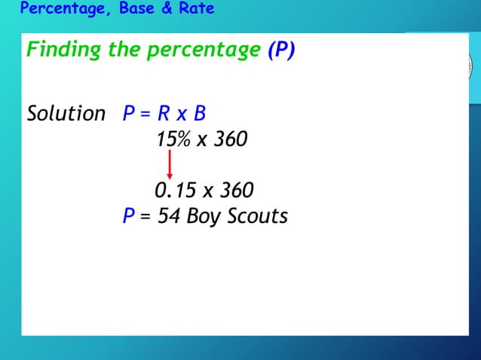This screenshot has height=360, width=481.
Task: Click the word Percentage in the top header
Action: click(x=59, y=9)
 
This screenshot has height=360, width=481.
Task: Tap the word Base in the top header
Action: click(x=137, y=9)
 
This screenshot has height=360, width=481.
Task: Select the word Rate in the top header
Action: click(x=198, y=9)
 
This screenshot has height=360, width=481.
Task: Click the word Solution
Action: click(x=66, y=114)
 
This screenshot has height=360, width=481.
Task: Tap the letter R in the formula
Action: click(x=163, y=114)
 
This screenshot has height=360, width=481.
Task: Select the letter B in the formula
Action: click(x=199, y=114)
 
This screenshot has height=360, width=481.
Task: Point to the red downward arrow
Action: click(x=170, y=164)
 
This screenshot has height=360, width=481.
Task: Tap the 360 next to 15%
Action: click(x=231, y=139)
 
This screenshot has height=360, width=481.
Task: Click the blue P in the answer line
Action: click(x=129, y=216)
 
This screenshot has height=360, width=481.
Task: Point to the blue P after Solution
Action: click(x=129, y=114)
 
